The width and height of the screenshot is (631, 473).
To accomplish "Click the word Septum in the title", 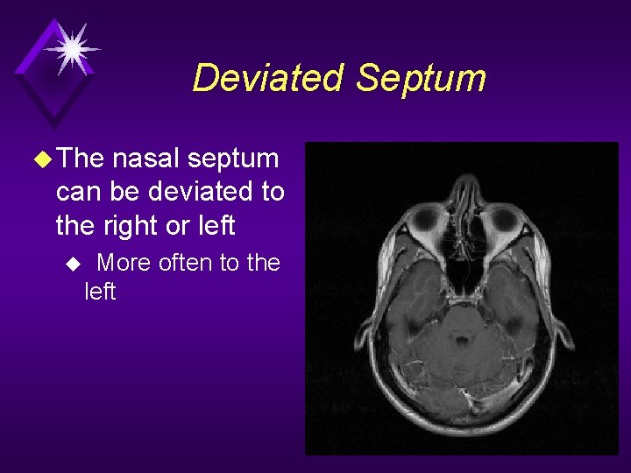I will click(421, 78).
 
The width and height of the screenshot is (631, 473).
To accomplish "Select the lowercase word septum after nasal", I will click(232, 159).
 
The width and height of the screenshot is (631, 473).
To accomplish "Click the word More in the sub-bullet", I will click(124, 262).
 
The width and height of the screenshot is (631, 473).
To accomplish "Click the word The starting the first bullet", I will click(81, 159).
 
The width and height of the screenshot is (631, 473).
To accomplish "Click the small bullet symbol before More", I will click(74, 263).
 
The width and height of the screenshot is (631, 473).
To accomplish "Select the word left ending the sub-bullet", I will click(100, 292).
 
